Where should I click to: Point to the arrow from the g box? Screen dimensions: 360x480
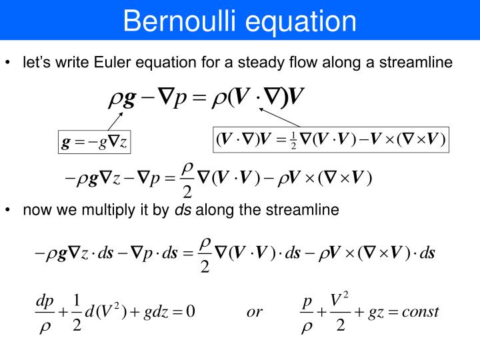(111, 123)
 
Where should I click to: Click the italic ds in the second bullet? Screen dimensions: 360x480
(183, 210)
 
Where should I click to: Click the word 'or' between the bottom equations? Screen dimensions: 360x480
(255, 312)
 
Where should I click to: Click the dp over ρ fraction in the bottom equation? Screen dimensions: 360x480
(45, 312)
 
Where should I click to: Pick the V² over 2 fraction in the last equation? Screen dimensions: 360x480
(340, 312)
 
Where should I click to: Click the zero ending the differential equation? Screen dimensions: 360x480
(190, 312)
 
